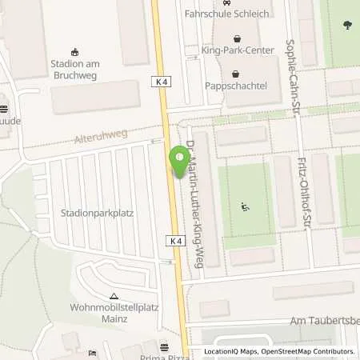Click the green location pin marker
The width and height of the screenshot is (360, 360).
tap(177, 162)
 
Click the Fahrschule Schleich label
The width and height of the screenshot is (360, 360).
tap(238, 14)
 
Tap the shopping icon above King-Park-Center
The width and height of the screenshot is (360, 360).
tap(237, 39)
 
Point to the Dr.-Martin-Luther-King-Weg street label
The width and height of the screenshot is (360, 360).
tap(192, 209)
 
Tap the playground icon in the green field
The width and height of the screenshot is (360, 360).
tap(246, 207)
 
